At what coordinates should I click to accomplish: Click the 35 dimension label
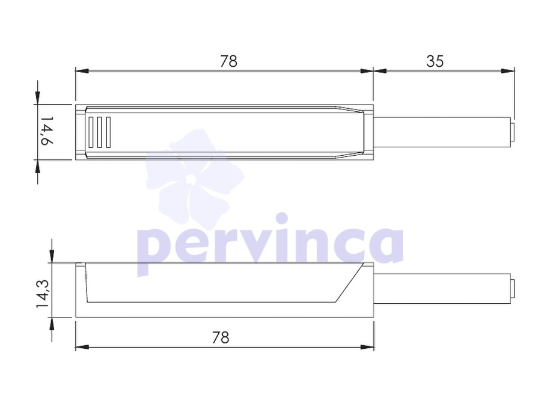435,61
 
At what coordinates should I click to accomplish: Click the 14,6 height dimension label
47,131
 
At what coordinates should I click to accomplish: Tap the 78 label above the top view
228,61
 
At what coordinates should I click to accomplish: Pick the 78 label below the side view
221,337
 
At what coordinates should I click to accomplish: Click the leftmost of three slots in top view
91,132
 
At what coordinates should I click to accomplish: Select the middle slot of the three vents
100,132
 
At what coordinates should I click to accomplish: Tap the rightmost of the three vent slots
108,132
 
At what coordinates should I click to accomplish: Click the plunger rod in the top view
442,132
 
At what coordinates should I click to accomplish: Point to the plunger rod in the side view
442,289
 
